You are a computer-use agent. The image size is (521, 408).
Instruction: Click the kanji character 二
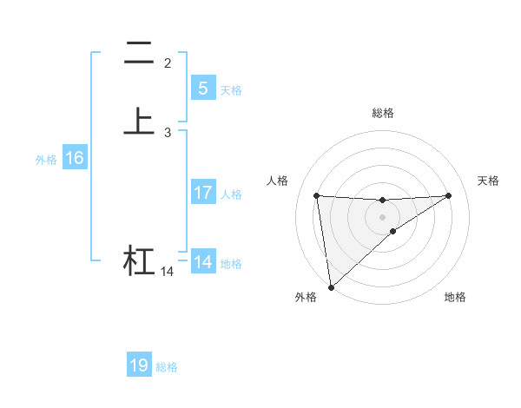[139, 54]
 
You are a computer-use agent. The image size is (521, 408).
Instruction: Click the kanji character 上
[139, 122]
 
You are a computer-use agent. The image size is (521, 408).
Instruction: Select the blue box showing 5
[202, 89]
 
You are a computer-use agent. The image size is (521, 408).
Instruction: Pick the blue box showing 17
[202, 193]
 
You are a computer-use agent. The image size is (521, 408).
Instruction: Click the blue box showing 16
[75, 159]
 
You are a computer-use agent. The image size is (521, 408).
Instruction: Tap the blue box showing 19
[139, 365]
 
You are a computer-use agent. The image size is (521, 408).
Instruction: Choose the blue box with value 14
[202, 262]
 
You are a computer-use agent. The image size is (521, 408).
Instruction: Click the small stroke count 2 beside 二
[168, 63]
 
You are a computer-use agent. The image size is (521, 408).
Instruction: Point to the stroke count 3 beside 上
[168, 133]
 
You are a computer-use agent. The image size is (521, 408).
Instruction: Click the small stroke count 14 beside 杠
[167, 272]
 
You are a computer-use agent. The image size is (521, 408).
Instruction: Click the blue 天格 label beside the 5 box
[231, 90]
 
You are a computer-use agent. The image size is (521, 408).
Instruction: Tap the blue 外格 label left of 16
[46, 160]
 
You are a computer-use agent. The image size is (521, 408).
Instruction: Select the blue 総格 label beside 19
[167, 367]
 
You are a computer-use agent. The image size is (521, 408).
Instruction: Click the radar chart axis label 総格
[383, 113]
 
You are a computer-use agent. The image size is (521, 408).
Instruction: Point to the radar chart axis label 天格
[489, 181]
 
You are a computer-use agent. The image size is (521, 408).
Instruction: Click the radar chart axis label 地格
[455, 297]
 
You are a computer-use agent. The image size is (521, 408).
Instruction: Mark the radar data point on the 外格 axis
[330, 286]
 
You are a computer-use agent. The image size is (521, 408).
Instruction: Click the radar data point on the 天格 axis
[449, 195]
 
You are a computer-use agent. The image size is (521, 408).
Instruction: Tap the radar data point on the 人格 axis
[317, 195]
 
